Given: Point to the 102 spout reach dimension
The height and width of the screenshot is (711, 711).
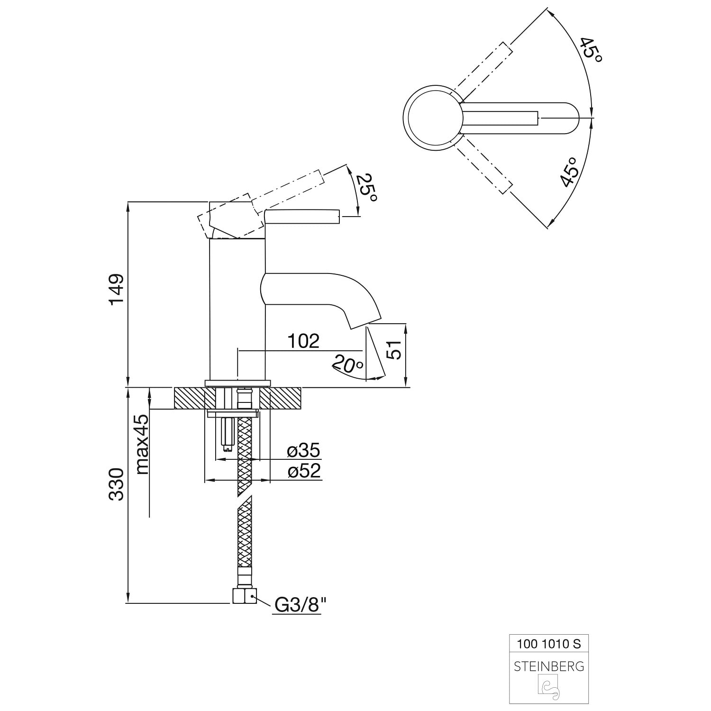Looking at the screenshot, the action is tap(303, 341).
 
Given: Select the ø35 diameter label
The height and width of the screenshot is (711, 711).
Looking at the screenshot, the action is tap(304, 450).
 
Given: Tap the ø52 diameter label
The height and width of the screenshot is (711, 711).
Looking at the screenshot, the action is tap(304, 471).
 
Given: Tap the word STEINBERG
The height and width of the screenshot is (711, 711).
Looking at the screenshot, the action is tap(549, 666).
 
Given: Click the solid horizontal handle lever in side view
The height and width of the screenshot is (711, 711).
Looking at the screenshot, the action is tap(302, 217).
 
